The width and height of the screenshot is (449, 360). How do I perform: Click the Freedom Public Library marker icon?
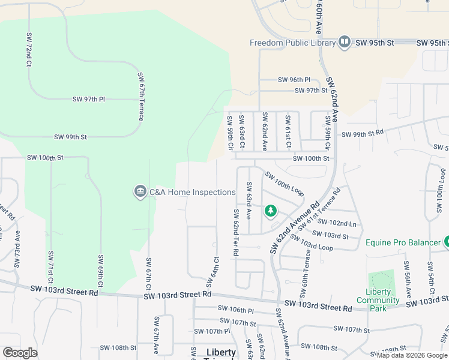click(345, 42)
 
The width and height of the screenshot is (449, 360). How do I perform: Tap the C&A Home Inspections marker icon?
click(140, 192)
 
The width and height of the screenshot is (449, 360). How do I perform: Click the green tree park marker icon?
click(271, 211)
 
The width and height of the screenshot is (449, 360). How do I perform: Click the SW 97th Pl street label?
click(89, 99)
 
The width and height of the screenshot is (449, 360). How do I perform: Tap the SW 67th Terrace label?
click(141, 97)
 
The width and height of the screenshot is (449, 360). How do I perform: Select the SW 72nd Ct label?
click(28, 50)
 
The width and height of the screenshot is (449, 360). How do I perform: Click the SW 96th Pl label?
click(294, 80)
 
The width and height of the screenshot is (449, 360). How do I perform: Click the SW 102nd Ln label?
click(343, 224)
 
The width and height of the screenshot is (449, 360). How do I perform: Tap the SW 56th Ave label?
click(407, 279)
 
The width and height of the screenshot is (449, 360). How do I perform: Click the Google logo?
click(20, 353)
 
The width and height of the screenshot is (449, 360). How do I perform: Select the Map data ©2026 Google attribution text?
click(411, 355)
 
